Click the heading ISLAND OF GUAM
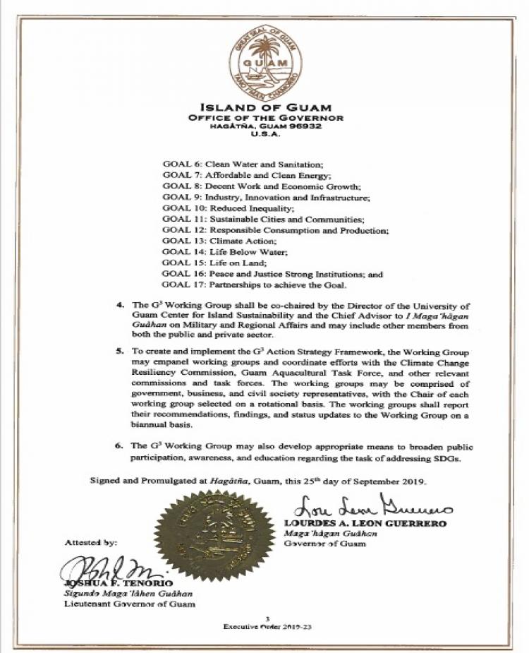(265, 106)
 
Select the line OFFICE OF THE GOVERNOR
(265, 117)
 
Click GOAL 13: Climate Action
(213, 241)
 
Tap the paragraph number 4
(119, 306)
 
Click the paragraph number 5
(119, 351)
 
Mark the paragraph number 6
(119, 447)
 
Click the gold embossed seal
(215, 534)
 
